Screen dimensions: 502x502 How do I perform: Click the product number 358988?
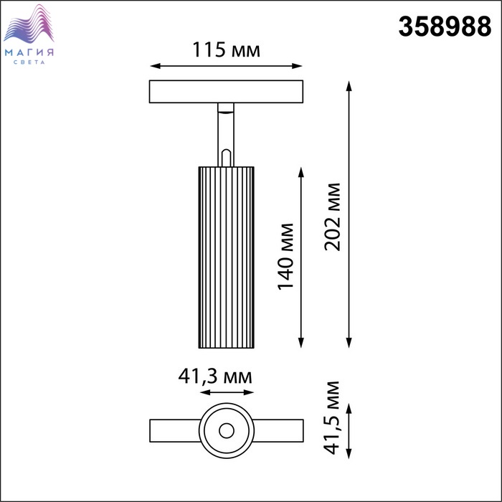click(x=445, y=27)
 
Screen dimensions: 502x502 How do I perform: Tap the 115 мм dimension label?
click(x=226, y=50)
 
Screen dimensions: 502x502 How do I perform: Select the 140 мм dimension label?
click(x=285, y=257)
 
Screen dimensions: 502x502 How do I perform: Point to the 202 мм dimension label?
click(x=332, y=217)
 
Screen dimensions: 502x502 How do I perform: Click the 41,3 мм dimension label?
click(x=215, y=376)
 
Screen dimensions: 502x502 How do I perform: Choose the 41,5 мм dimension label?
click(x=331, y=418)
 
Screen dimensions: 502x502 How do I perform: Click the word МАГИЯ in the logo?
click(x=29, y=52)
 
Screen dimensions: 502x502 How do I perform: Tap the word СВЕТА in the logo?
click(x=29, y=62)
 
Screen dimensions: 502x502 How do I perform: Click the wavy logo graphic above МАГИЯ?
click(x=29, y=24)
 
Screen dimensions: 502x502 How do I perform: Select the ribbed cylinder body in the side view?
click(x=227, y=257)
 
